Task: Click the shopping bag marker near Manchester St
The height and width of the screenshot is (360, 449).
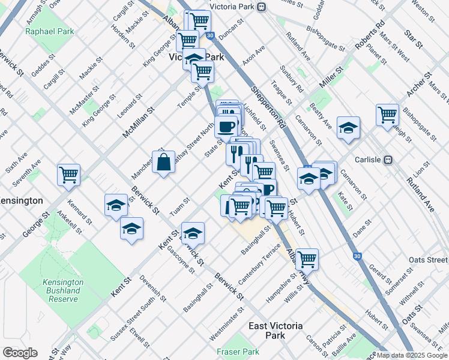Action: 163,162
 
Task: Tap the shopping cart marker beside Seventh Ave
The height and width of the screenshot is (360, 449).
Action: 69,175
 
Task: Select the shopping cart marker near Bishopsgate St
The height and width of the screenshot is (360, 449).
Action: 387,114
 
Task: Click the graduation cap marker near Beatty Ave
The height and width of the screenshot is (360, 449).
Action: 348,127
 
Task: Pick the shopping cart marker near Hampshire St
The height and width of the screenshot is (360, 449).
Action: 307,259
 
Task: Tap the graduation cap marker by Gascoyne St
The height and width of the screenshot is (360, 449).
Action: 193,233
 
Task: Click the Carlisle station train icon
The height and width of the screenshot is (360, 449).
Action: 388,160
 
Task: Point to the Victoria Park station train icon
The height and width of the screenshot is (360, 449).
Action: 261,7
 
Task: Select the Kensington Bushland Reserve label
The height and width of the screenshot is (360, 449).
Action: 62,290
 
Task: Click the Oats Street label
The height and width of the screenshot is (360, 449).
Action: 427,260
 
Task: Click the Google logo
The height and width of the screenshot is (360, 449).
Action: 20,353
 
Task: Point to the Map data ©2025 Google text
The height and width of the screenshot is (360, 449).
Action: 412,355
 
